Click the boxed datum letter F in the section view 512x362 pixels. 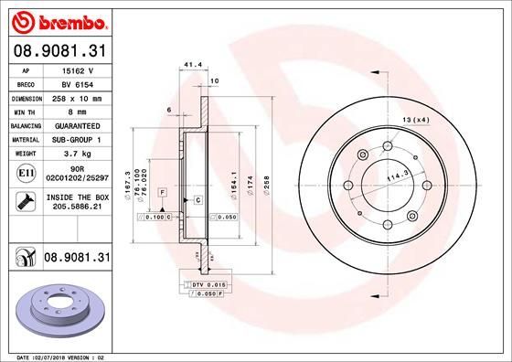click(161, 193)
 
